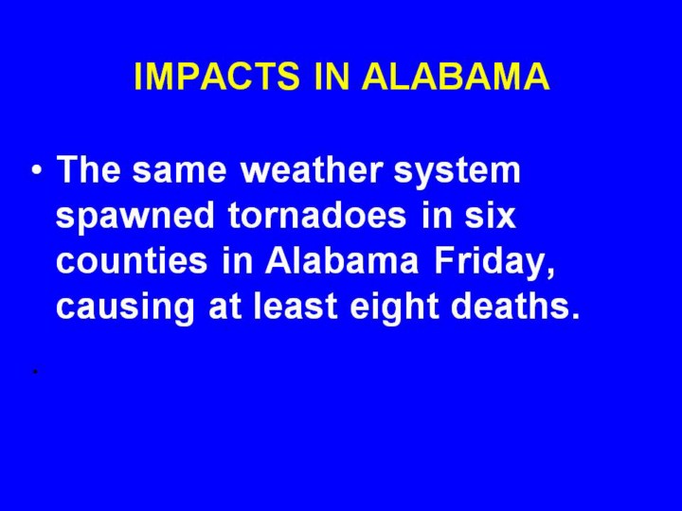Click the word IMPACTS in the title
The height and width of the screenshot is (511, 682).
coord(217,76)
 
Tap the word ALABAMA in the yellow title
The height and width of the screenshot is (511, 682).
coord(456,76)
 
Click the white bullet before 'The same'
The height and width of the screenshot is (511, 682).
coord(37,170)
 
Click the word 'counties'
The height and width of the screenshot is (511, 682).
coord(132,260)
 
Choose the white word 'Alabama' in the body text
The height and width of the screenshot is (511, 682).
coord(342,260)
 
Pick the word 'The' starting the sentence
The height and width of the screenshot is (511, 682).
coord(88,169)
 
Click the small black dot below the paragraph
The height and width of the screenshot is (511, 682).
coord(36,372)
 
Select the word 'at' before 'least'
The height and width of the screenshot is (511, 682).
coord(224,307)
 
